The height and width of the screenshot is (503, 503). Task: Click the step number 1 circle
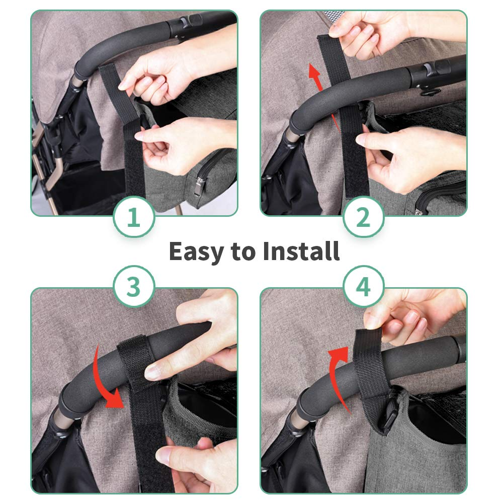click(x=134, y=217)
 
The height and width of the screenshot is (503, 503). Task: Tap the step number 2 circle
click(x=364, y=217)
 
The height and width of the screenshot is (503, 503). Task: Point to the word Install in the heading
click(x=301, y=250)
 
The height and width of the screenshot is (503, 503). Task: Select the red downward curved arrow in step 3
click(x=103, y=379)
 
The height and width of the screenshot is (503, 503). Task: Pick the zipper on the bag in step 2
click(x=440, y=197)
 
